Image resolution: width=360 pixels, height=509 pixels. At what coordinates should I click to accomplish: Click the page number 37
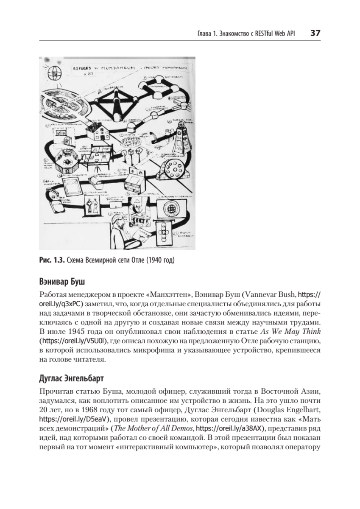click(x=315, y=33)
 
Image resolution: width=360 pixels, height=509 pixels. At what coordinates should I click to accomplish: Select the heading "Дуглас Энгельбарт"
click(x=71, y=378)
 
